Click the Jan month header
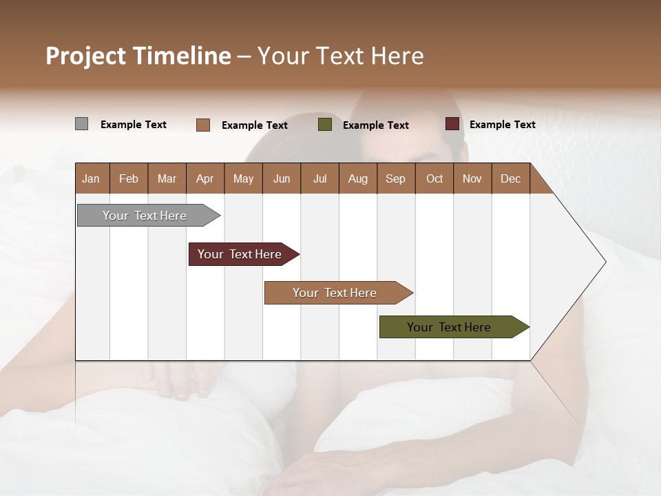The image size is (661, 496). point(91,178)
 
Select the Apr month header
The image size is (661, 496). point(204,178)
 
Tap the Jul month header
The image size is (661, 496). point(319,178)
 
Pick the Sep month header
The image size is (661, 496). point(395,178)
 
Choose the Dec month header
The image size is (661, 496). point(510,178)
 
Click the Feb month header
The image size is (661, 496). point(129,178)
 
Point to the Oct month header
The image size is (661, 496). point(434,178)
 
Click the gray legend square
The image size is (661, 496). point(81,124)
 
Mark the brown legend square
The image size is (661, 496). point(203,125)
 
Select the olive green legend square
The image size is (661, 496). point(325,125)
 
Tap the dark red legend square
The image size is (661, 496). point(452,124)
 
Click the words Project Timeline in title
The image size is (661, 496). point(138,56)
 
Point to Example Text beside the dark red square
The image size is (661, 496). point(502,125)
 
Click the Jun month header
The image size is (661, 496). point(281,178)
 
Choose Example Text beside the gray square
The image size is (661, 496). point(134,125)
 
